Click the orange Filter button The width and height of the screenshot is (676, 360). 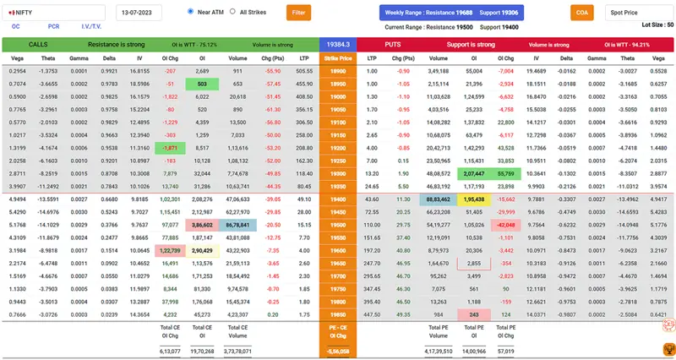(x=298, y=13)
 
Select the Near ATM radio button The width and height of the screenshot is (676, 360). (x=191, y=12)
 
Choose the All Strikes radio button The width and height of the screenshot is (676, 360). (x=232, y=12)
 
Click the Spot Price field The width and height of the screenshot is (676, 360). (x=639, y=13)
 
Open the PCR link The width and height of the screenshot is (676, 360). (x=53, y=27)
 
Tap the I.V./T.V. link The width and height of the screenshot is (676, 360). (x=91, y=27)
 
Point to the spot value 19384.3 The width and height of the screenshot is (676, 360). (x=338, y=43)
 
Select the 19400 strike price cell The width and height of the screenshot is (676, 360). (x=338, y=199)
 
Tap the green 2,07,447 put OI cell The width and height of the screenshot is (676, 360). (x=473, y=172)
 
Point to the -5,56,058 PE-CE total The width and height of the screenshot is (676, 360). (x=338, y=350)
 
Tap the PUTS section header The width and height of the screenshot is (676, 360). (x=392, y=43)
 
